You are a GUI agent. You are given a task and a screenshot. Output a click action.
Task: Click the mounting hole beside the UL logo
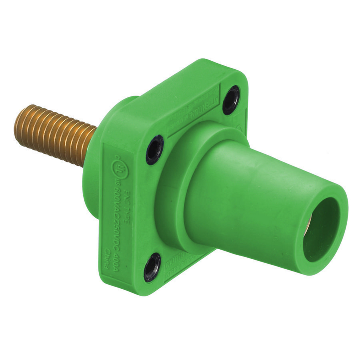[x=154, y=149]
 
